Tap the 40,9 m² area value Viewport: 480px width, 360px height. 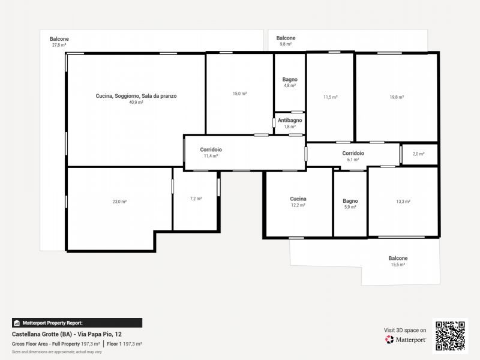click(136, 102)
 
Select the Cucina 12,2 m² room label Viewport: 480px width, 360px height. click(298, 202)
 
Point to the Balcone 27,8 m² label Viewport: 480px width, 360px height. click(59, 41)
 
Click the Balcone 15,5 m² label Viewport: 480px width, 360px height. click(398, 261)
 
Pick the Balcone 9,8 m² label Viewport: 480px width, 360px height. click(286, 41)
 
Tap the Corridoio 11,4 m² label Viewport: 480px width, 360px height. click(211, 152)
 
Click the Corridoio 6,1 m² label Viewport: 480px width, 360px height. click(353, 156)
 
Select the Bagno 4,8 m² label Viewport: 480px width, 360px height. click(290, 82)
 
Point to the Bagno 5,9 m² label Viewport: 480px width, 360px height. click(350, 203)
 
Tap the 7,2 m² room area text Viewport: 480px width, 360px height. click(196, 199)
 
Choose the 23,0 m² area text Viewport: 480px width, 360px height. click(119, 202)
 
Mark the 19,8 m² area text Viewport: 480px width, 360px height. click(397, 97)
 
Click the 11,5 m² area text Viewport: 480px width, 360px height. click(331, 97)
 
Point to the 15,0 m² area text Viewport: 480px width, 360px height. click(239, 94)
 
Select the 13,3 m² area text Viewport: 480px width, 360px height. click(403, 202)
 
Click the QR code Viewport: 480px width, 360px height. click(451, 336)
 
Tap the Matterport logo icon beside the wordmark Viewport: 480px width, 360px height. click(389, 340)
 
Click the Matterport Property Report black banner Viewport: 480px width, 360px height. click(77, 323)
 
